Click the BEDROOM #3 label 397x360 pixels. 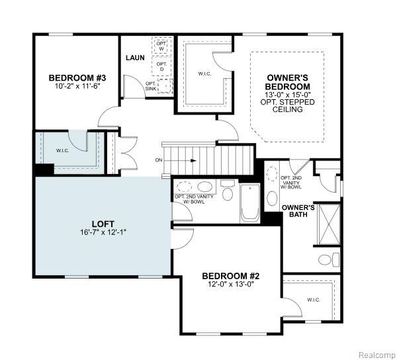77,77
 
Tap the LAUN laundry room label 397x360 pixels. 135,58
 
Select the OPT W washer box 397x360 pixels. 161,45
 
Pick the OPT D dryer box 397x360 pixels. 161,66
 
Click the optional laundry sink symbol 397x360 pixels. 165,85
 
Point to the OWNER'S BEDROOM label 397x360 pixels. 287,82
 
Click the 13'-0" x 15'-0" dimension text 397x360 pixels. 287,95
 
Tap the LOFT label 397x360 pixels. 103,224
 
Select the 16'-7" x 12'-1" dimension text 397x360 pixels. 103,232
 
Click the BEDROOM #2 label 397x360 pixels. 231,276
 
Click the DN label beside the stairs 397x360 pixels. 159,160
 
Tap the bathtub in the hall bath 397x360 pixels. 249,204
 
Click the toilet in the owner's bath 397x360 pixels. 329,259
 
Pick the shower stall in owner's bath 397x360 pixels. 329,224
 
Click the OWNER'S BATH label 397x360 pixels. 298,211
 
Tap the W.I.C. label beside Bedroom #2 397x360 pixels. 314,300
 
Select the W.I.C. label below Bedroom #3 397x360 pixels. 62,151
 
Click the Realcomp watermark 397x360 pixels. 376,353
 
